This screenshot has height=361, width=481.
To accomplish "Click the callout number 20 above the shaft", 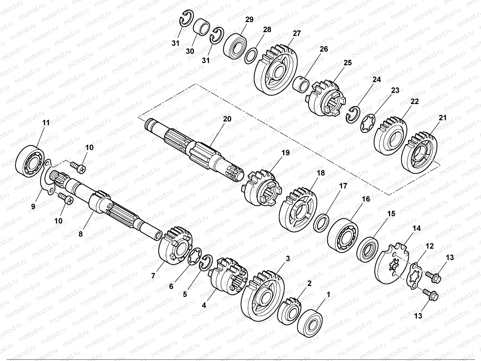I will click(227, 119).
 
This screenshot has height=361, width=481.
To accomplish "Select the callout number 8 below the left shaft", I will click(80, 234).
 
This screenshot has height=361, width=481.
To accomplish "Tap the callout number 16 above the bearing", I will click(366, 199).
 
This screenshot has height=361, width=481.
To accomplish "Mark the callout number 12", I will click(430, 246).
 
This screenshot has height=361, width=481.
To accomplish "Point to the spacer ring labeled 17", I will click(321, 223).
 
